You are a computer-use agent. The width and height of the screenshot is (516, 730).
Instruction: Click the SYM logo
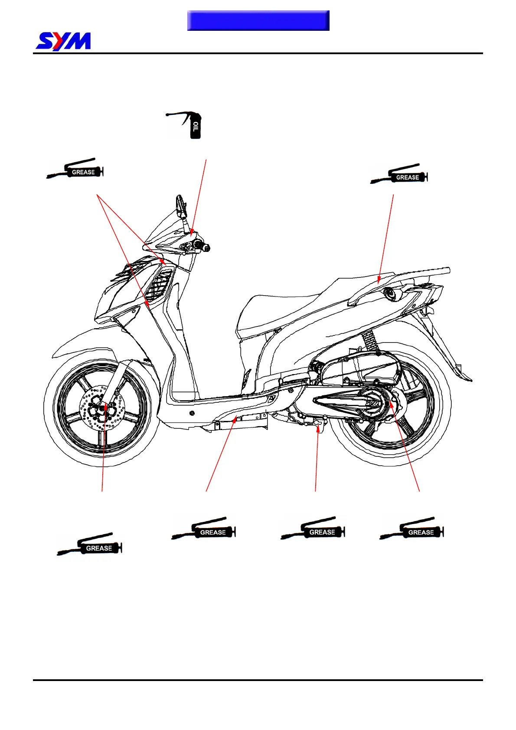63,42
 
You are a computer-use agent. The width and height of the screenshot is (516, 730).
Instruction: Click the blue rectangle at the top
258,21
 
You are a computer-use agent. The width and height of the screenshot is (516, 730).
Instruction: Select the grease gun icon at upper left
75,169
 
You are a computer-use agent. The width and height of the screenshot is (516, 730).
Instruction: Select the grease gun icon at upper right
399,174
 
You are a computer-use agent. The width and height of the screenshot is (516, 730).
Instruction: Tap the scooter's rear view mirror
181,207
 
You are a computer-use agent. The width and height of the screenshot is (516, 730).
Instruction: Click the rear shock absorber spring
369,340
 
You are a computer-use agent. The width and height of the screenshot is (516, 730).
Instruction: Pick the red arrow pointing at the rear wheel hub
405,446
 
